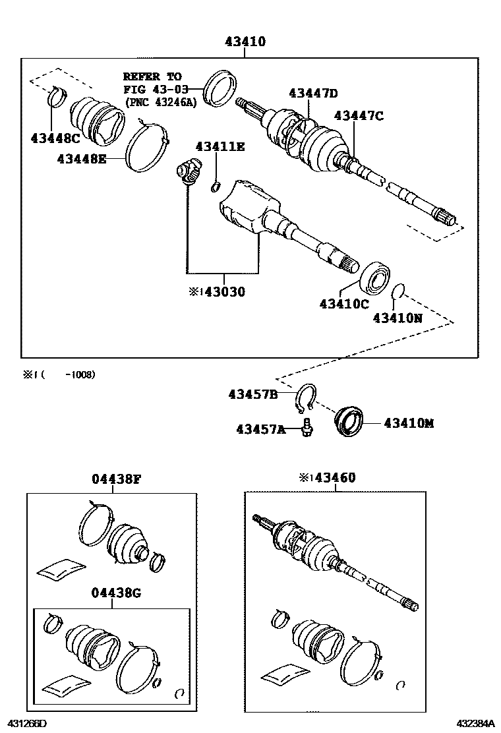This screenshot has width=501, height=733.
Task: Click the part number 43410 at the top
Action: click(245, 42)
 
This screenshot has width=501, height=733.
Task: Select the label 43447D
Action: click(312, 93)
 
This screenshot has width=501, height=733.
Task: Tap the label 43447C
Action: click(359, 115)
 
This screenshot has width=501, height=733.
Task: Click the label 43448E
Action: click(82, 159)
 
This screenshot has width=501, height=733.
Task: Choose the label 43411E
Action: click(219, 146)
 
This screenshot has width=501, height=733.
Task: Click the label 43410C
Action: click(344, 304)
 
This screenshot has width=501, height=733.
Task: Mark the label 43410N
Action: click(398, 318)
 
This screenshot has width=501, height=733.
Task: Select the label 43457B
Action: click(252, 394)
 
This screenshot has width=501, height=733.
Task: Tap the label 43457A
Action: click(261, 429)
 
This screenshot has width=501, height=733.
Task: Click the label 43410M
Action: click(409, 423)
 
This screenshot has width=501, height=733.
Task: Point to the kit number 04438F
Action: click(116, 479)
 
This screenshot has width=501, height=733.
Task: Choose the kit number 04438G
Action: click(116, 593)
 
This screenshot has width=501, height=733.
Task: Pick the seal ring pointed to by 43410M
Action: click(349, 422)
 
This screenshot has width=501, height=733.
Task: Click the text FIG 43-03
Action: click(156, 89)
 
